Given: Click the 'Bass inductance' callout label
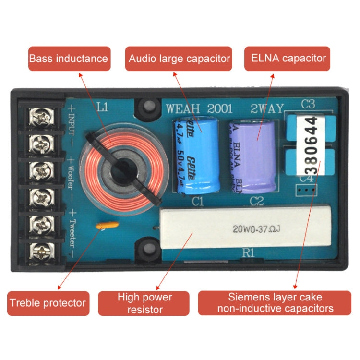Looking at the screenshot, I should coord(69,59).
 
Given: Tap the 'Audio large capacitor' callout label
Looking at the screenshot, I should coord(179,59).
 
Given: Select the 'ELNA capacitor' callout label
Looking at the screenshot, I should coord(288,59).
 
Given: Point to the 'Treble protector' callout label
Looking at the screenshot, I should coord(48,303).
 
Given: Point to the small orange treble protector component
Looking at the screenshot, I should coord(105,225).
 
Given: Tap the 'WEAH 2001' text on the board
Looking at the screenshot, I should coord(199,109).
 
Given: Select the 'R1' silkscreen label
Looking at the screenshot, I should coord(248,254).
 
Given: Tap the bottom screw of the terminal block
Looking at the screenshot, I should coord(40,250).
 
